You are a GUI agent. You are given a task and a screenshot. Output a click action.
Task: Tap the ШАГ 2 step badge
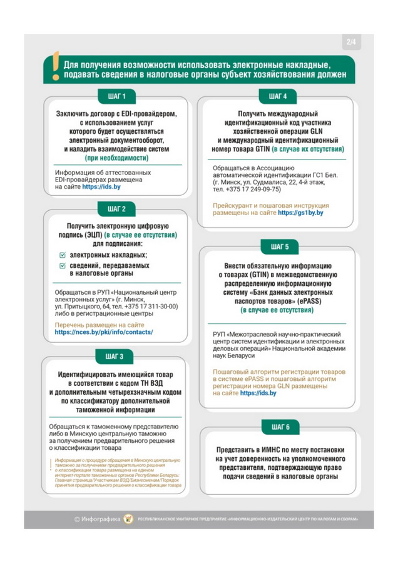pos(116,208)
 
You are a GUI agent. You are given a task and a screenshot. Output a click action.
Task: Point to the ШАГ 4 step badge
pos(277,96)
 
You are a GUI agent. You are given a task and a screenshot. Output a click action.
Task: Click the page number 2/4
pos(350,43)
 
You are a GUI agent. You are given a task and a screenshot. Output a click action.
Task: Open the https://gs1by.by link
pos(300,213)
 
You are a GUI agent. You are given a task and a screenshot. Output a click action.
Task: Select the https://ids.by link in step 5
pos(258,393)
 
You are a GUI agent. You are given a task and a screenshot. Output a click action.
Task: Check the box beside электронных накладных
pos(61,255)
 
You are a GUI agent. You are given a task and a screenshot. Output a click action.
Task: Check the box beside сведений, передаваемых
pos(61,266)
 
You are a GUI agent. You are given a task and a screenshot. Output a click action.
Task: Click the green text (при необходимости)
pos(115,158)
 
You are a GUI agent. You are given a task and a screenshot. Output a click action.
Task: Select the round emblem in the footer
pos(129,518)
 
